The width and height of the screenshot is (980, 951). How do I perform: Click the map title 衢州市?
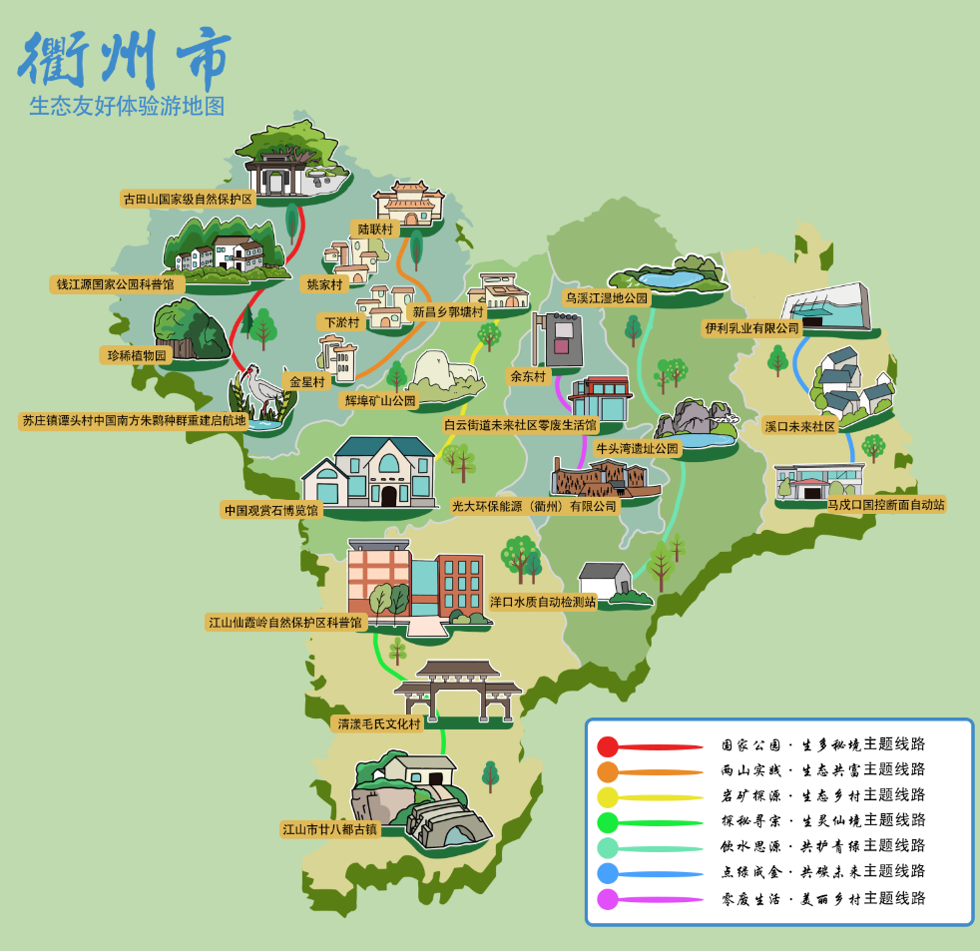tap(125, 56)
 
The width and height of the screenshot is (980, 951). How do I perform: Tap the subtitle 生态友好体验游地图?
tap(127, 106)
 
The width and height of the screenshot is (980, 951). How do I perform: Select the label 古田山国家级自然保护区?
tap(188, 199)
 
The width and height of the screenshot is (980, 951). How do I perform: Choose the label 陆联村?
tap(376, 229)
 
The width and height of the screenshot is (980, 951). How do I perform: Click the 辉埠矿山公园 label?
tap(379, 400)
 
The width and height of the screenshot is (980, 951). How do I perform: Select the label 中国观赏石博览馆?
tap(270, 510)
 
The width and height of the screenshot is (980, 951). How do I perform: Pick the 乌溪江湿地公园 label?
tap(607, 297)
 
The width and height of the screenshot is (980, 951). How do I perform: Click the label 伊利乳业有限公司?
tap(751, 327)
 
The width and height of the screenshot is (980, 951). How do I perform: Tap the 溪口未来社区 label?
tap(799, 425)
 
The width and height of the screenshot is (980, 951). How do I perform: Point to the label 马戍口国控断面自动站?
tap(885, 505)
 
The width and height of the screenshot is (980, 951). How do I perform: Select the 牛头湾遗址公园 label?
tap(637, 449)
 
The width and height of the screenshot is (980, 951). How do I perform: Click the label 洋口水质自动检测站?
tap(542, 602)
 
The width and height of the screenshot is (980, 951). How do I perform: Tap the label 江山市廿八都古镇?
tap(330, 828)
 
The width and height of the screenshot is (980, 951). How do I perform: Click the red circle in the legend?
tap(608, 745)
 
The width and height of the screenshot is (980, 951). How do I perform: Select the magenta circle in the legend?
tap(608, 899)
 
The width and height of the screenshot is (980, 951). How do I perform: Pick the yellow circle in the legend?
tap(608, 796)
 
